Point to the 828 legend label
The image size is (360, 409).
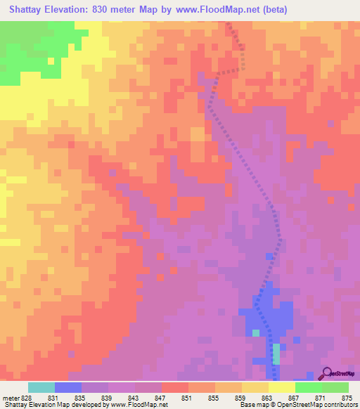point(25,398)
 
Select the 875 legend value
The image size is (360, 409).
point(346,398)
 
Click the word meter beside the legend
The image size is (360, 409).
point(10,398)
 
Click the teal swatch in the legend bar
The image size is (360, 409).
point(41,387)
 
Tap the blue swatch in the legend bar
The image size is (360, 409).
point(68,387)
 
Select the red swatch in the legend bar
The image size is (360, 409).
point(175,387)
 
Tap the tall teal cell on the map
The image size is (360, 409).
point(276,353)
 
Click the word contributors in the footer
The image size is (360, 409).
point(338,405)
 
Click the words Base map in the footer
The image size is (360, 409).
point(252,405)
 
